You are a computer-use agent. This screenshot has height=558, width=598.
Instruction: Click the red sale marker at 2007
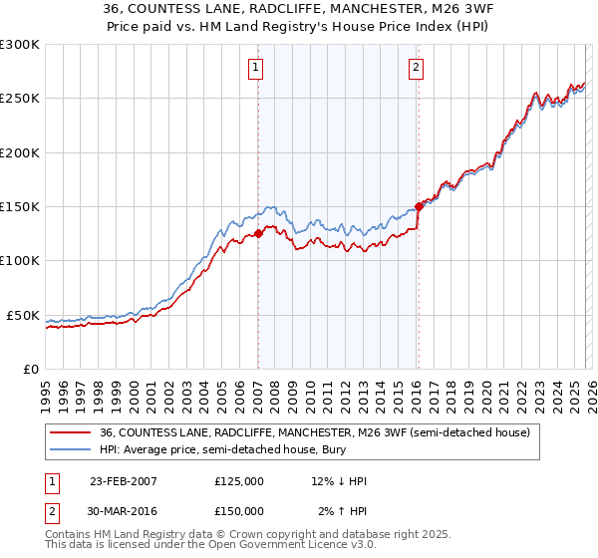click(258, 233)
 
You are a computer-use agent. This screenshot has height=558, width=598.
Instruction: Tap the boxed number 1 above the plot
click(256, 68)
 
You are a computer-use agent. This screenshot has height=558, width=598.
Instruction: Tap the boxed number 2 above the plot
click(416, 68)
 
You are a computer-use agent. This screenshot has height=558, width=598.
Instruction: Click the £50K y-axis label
click(24, 315)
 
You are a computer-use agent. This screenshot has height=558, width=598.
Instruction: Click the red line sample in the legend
click(71, 432)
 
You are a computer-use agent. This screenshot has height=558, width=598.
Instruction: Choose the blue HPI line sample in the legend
click(71, 450)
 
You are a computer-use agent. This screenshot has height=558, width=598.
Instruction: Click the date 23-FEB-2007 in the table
click(124, 481)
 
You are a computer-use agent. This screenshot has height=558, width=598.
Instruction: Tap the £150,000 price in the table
click(239, 510)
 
